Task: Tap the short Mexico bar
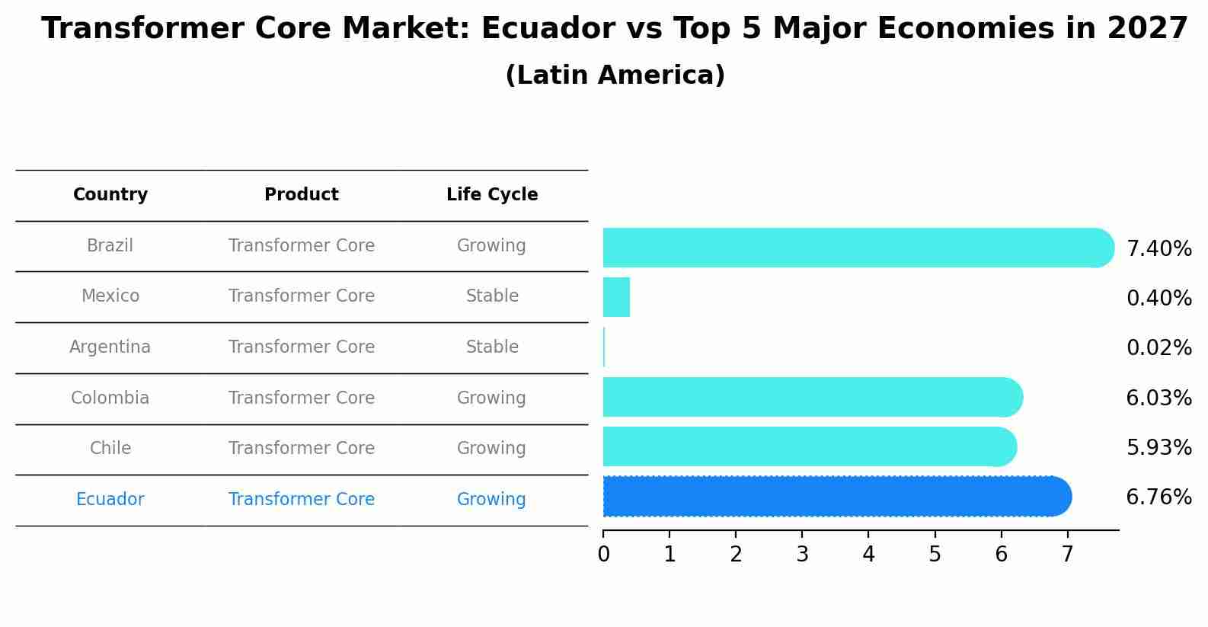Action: point(616,297)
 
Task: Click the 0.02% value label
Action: point(1158,348)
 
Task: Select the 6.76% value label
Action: point(1158,497)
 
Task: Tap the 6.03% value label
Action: point(1158,398)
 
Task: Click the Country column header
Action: point(110,195)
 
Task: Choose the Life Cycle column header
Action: point(492,195)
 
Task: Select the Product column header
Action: point(302,195)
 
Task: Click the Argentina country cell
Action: point(110,347)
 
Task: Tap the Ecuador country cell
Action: point(110,500)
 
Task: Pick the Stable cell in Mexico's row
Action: point(492,296)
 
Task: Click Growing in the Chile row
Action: point(491,449)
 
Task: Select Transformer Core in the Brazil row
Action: point(302,246)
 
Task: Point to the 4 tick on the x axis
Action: point(868,555)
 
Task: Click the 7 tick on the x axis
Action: point(1067,555)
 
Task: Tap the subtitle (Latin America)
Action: point(615,75)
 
